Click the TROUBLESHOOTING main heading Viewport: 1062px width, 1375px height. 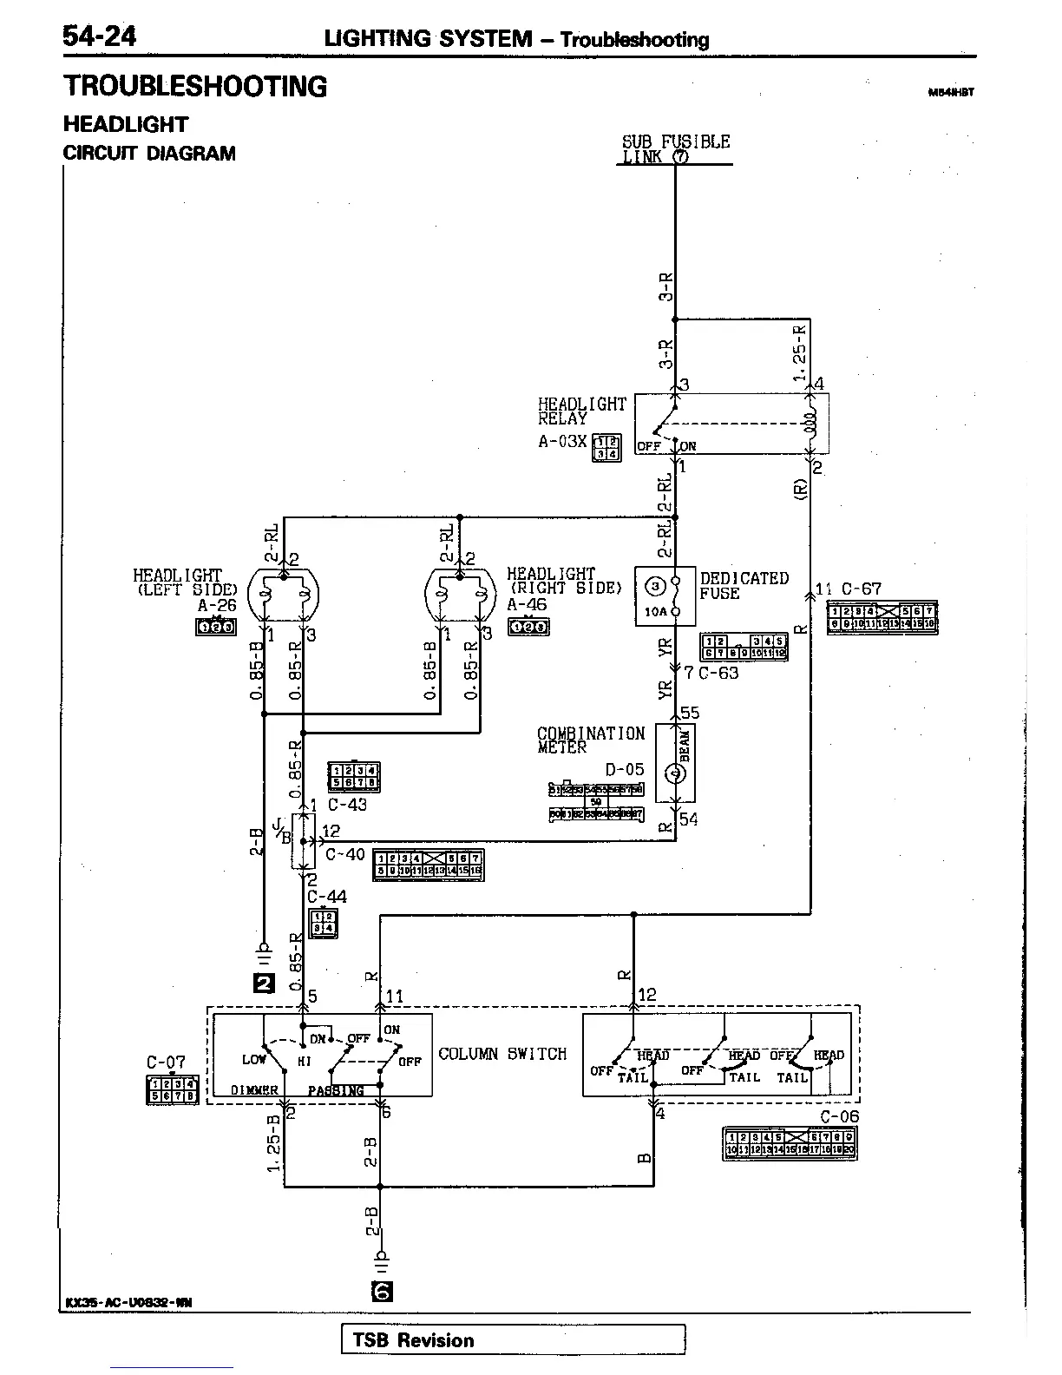(x=195, y=87)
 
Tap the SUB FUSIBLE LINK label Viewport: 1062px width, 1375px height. (x=675, y=148)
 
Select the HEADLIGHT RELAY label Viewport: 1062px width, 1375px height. (x=581, y=411)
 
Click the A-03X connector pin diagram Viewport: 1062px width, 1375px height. (x=606, y=447)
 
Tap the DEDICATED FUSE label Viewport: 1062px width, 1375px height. (x=744, y=586)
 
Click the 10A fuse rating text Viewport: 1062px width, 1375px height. (x=656, y=610)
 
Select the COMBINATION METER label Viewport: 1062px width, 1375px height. (x=591, y=740)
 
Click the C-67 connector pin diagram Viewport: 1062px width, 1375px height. (x=882, y=616)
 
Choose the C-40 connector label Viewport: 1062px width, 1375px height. (x=344, y=855)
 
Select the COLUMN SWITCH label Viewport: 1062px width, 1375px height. (x=502, y=1054)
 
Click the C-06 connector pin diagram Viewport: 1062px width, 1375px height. (x=790, y=1143)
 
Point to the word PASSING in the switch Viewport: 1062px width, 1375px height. (x=336, y=1090)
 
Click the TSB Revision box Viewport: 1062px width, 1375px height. (x=513, y=1339)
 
